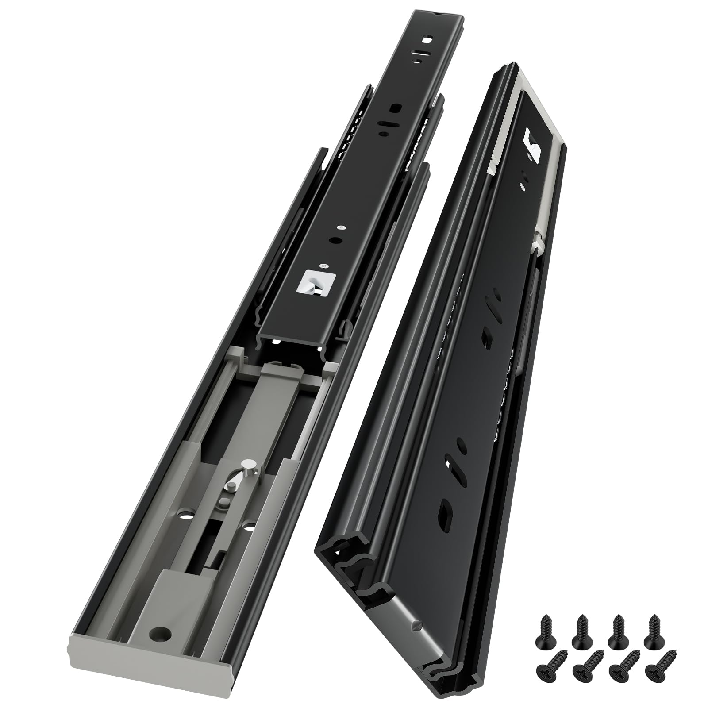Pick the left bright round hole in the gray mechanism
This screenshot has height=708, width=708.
point(185,516)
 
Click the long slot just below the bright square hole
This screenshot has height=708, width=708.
point(419,56)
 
